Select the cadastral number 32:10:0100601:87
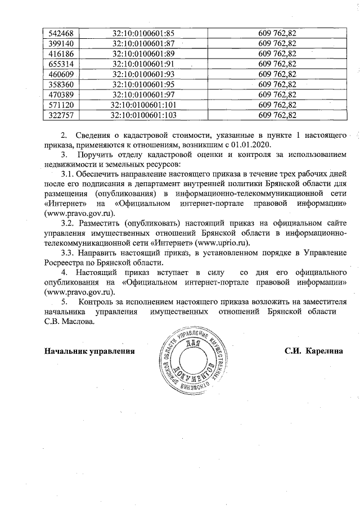coord(143,43)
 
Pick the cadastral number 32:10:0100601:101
coord(143,105)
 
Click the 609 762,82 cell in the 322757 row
coord(277,115)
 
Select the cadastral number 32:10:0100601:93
coord(143,74)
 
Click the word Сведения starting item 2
coord(96,133)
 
